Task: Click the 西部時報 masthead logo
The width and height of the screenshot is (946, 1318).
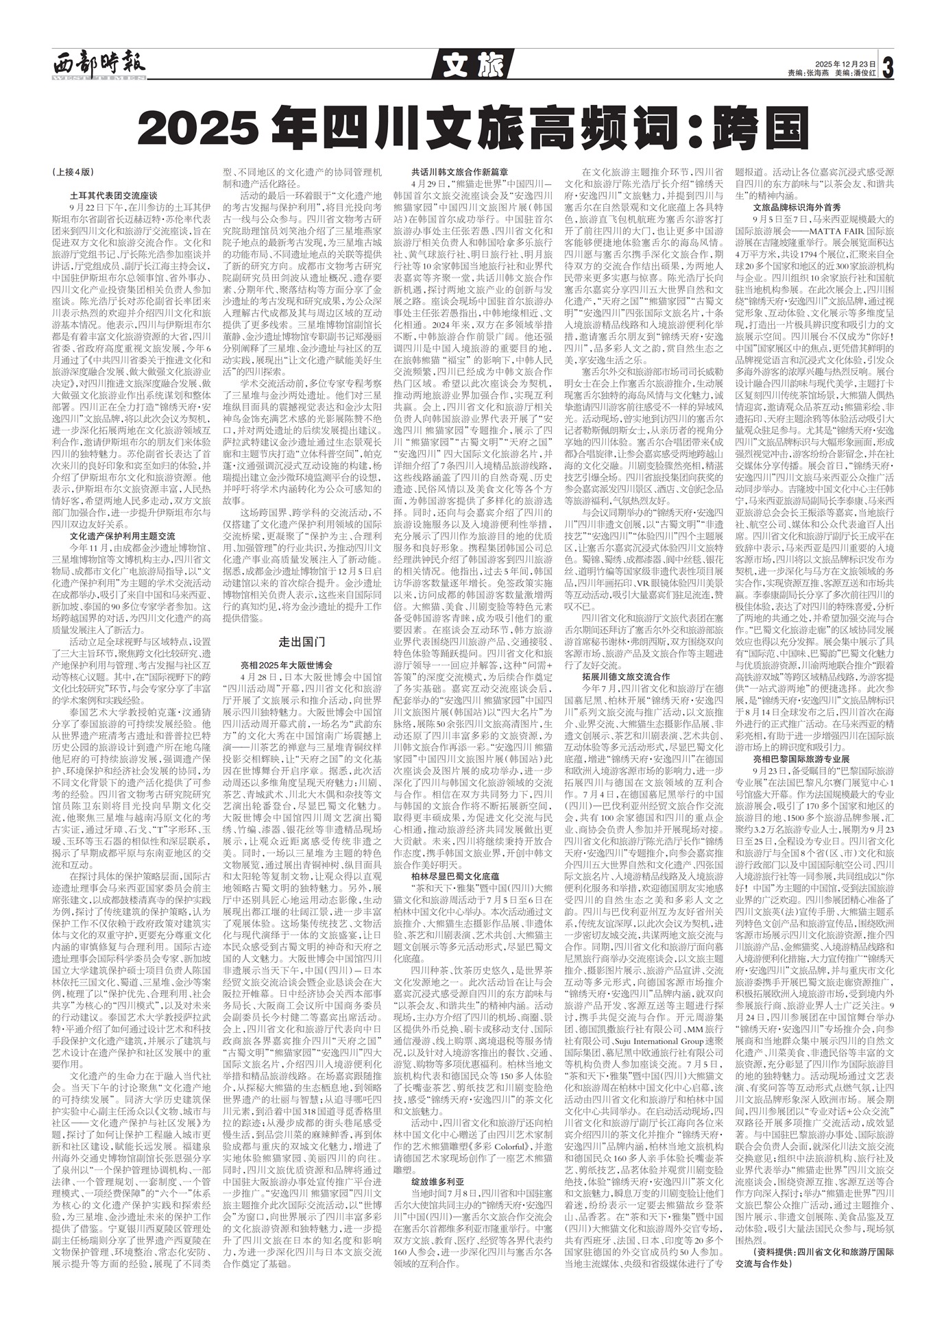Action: pyautogui.click(x=99, y=66)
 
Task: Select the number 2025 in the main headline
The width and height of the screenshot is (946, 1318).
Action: pyautogui.click(x=199, y=126)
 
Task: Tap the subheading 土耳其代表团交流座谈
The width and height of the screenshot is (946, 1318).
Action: pyautogui.click(x=114, y=195)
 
